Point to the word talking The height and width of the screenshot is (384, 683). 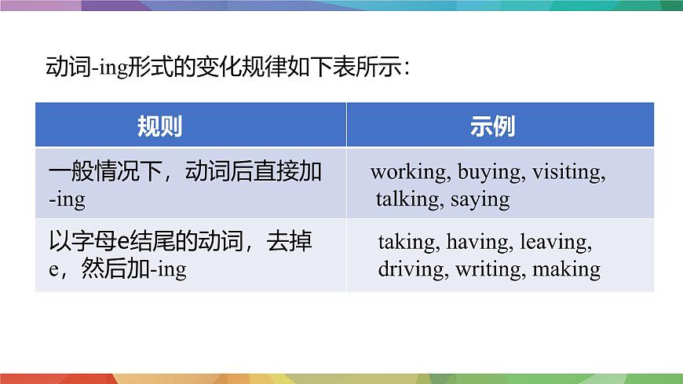point(410,199)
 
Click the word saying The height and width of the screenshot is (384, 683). point(480,199)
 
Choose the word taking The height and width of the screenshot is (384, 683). point(409,242)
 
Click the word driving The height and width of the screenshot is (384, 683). point(412,269)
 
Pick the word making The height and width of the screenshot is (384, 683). point(566,269)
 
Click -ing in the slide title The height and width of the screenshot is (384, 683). point(136,68)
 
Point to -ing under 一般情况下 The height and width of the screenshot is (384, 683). point(66,199)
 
